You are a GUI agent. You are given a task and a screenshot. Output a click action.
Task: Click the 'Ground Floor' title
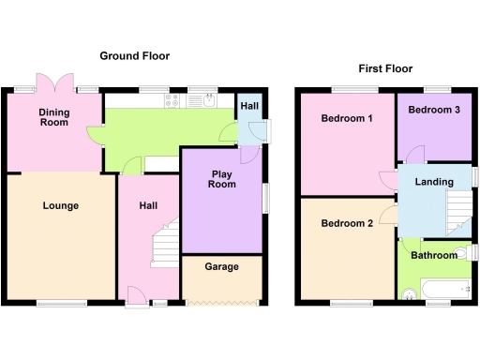coord(136,56)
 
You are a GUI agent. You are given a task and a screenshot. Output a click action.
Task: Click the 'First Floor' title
coord(386,68)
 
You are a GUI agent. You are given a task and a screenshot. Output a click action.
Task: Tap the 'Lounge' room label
coord(60,205)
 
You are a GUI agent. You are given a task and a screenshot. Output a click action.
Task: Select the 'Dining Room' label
coord(53,118)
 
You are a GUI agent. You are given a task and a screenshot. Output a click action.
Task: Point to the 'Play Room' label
coord(221,179)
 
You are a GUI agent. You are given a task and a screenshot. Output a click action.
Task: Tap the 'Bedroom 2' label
coord(347,223)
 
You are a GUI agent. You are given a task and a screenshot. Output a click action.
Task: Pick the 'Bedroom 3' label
coord(433,110)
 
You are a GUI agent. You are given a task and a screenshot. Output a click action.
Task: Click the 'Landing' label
coord(434,182)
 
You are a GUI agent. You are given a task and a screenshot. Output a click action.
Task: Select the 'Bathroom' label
coord(433,254)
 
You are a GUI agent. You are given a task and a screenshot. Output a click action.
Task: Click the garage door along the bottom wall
coord(221,302)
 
